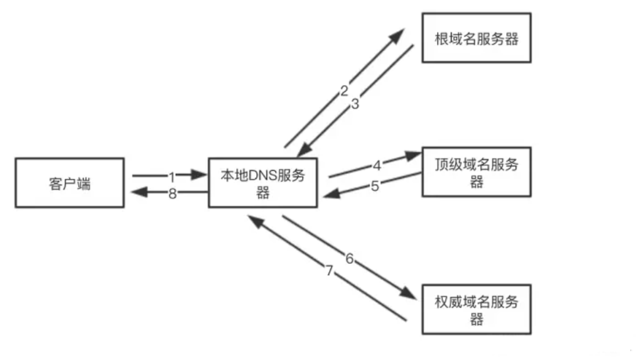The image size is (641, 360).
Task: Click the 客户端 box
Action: (69, 183)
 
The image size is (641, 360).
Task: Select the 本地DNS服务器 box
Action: (262, 183)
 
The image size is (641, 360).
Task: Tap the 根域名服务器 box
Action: (477, 38)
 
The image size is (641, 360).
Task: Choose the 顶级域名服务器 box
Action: (477, 172)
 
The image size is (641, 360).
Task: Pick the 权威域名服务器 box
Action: (477, 310)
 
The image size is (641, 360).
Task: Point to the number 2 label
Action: (344, 90)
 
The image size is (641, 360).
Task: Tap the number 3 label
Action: (355, 104)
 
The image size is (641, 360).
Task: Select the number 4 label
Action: (377, 166)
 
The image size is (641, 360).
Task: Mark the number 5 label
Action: (375, 186)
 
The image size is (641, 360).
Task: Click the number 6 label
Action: (350, 258)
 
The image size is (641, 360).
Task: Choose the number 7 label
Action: (328, 271)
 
